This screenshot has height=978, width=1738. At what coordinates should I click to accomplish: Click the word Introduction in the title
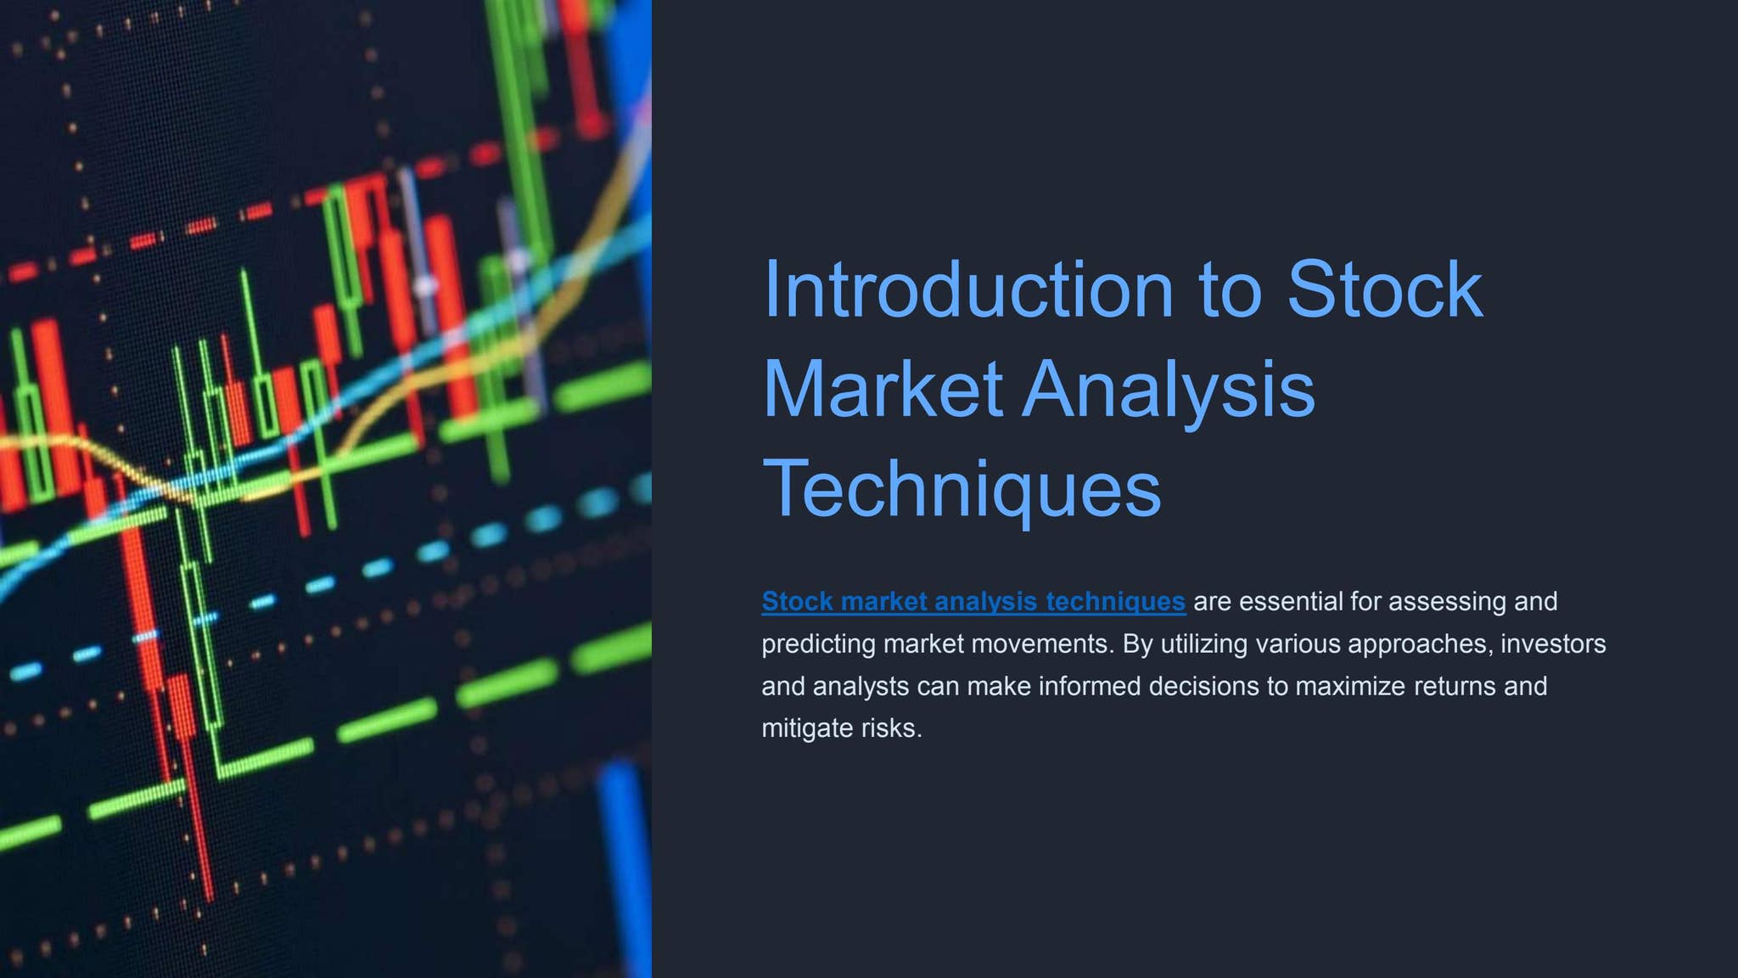[968, 289]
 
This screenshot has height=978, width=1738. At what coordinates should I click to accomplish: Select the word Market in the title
[883, 389]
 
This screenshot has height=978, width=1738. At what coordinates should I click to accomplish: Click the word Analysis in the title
[1169, 389]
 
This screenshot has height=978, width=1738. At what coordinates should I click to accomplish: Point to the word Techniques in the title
[962, 488]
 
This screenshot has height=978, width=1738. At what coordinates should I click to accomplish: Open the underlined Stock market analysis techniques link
[973, 601]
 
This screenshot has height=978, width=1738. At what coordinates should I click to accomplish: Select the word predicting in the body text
[818, 644]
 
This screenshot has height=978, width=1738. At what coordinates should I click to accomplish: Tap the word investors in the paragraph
[1553, 644]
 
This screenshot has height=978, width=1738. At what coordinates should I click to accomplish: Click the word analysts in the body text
[861, 686]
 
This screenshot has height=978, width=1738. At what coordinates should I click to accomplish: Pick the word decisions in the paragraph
[1203, 686]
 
